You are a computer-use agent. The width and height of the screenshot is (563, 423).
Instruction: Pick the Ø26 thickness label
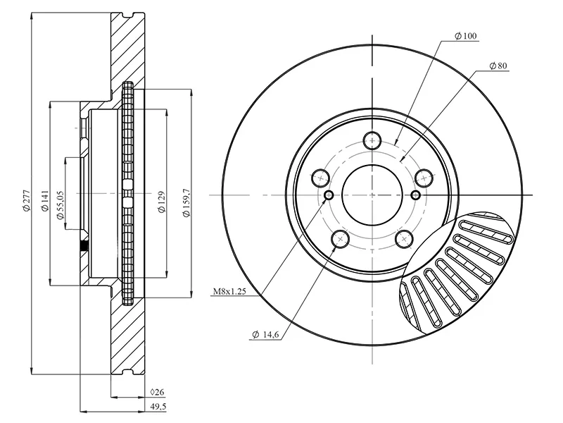(157, 392)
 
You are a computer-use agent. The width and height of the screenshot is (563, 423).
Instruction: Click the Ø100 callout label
(466, 35)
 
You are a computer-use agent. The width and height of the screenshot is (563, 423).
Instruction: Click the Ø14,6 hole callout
(265, 335)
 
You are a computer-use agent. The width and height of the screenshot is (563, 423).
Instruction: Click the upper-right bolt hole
(423, 176)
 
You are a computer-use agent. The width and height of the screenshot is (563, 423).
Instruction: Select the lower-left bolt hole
(340, 239)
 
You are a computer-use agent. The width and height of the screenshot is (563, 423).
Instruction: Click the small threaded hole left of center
(329, 195)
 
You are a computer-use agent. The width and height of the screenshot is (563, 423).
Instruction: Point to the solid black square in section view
(84, 246)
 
